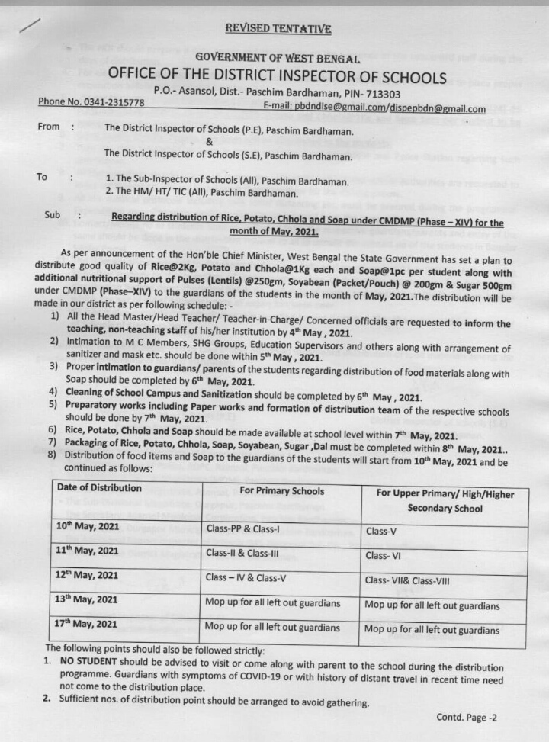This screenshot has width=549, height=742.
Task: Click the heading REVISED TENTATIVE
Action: pyautogui.click(x=278, y=29)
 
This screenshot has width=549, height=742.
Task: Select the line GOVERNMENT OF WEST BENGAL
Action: pyautogui.click(x=278, y=58)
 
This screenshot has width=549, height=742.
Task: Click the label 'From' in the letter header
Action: pyautogui.click(x=49, y=127)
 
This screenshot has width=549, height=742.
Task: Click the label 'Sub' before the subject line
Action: pyautogui.click(x=52, y=215)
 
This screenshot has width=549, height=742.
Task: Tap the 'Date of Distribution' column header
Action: pyautogui.click(x=99, y=488)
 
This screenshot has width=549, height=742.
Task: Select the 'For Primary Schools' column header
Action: pyautogui.click(x=281, y=490)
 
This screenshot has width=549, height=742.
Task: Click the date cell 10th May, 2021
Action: pyautogui.click(x=87, y=527)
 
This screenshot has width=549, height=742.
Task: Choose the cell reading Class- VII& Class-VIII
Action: pyautogui.click(x=407, y=580)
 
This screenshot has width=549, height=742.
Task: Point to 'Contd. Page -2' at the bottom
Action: pyautogui.click(x=467, y=718)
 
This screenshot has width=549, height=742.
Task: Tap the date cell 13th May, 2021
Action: pyautogui.click(x=87, y=600)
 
